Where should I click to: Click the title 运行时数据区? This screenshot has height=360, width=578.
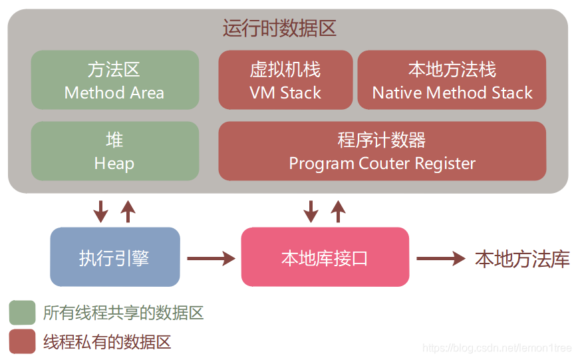click(280, 29)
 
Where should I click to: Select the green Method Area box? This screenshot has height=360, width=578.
click(114, 80)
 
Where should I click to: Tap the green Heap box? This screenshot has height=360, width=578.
click(114, 151)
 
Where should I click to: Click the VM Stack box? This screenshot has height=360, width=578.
click(285, 80)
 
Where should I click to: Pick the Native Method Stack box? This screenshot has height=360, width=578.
click(452, 80)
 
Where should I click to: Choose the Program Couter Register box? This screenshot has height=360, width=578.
click(382, 151)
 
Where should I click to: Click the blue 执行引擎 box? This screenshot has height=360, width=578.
click(114, 258)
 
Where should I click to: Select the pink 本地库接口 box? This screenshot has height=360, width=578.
click(325, 258)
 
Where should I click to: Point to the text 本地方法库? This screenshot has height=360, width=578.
click(522, 259)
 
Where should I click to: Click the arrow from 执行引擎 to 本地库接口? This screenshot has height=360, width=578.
click(211, 258)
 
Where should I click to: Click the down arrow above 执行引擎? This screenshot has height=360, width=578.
click(100, 211)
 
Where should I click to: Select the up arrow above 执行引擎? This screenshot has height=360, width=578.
click(128, 211)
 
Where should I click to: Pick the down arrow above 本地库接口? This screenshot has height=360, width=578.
click(311, 211)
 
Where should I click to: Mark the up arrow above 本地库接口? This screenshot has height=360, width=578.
click(339, 211)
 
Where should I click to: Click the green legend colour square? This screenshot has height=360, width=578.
click(23, 312)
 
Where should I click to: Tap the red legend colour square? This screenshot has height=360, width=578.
click(23, 341)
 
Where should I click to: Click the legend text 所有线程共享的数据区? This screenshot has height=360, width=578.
click(123, 313)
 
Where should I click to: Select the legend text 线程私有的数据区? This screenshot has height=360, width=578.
click(107, 342)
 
